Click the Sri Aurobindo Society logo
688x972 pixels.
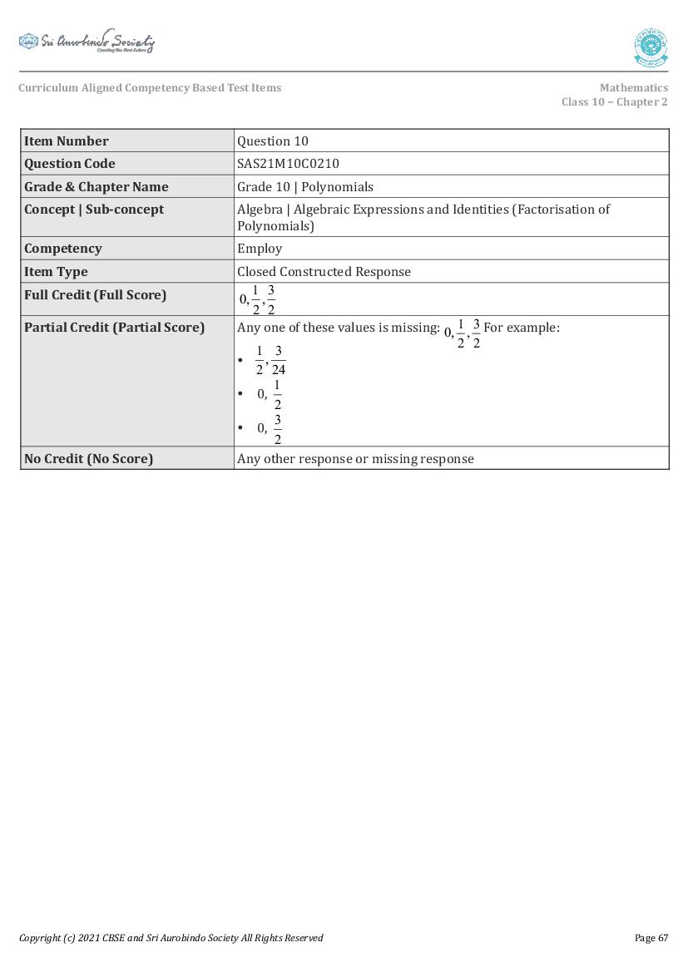[x=87, y=42]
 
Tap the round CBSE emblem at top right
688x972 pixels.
[x=650, y=47]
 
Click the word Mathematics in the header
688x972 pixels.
[x=633, y=87]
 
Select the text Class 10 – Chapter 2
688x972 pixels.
[x=614, y=102]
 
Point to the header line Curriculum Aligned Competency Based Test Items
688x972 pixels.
[x=150, y=87]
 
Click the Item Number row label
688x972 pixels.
[x=67, y=141]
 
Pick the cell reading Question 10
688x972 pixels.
[x=273, y=141]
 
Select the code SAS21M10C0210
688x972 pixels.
[x=288, y=164]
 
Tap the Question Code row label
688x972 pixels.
[x=70, y=164]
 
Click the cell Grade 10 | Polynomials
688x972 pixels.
[x=305, y=186]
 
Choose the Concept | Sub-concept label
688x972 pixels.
[x=94, y=210]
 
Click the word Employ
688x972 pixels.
[x=260, y=249]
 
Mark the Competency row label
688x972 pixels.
[x=63, y=249]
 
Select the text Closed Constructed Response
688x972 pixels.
[x=324, y=272]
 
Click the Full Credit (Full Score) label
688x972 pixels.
[x=95, y=295]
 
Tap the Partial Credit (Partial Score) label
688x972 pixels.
[x=114, y=328]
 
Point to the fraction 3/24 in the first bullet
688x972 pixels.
[x=278, y=360]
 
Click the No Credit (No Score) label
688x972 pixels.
[x=88, y=459]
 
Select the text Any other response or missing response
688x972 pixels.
[x=355, y=459]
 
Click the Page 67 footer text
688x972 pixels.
[x=651, y=938]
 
